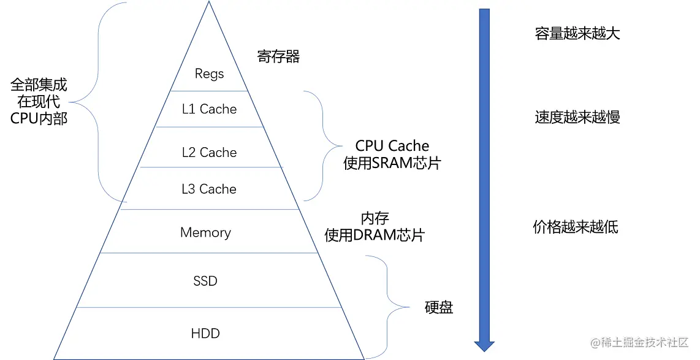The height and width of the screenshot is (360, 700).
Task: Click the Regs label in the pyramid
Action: (x=209, y=74)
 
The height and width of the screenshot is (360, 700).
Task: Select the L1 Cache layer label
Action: (x=209, y=109)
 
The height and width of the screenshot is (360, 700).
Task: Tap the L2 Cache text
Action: (x=209, y=153)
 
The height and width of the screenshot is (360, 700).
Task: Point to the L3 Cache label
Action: (x=209, y=190)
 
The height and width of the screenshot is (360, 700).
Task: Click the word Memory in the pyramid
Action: (x=205, y=233)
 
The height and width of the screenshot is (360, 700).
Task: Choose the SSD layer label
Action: (x=205, y=281)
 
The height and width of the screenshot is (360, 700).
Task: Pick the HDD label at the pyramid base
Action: (x=205, y=334)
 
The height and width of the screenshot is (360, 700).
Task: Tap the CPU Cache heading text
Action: (x=392, y=146)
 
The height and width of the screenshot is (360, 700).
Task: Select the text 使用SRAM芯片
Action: (x=392, y=164)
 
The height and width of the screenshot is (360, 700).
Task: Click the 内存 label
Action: (x=375, y=218)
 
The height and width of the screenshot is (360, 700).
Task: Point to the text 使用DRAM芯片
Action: (x=375, y=236)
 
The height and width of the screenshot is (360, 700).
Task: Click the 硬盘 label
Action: (x=439, y=308)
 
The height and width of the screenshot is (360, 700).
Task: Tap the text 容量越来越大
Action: (x=577, y=34)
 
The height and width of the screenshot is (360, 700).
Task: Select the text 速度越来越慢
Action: (x=577, y=117)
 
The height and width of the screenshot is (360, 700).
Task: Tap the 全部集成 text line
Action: (x=39, y=85)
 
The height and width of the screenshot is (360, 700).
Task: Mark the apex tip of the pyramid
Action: (x=208, y=4)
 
